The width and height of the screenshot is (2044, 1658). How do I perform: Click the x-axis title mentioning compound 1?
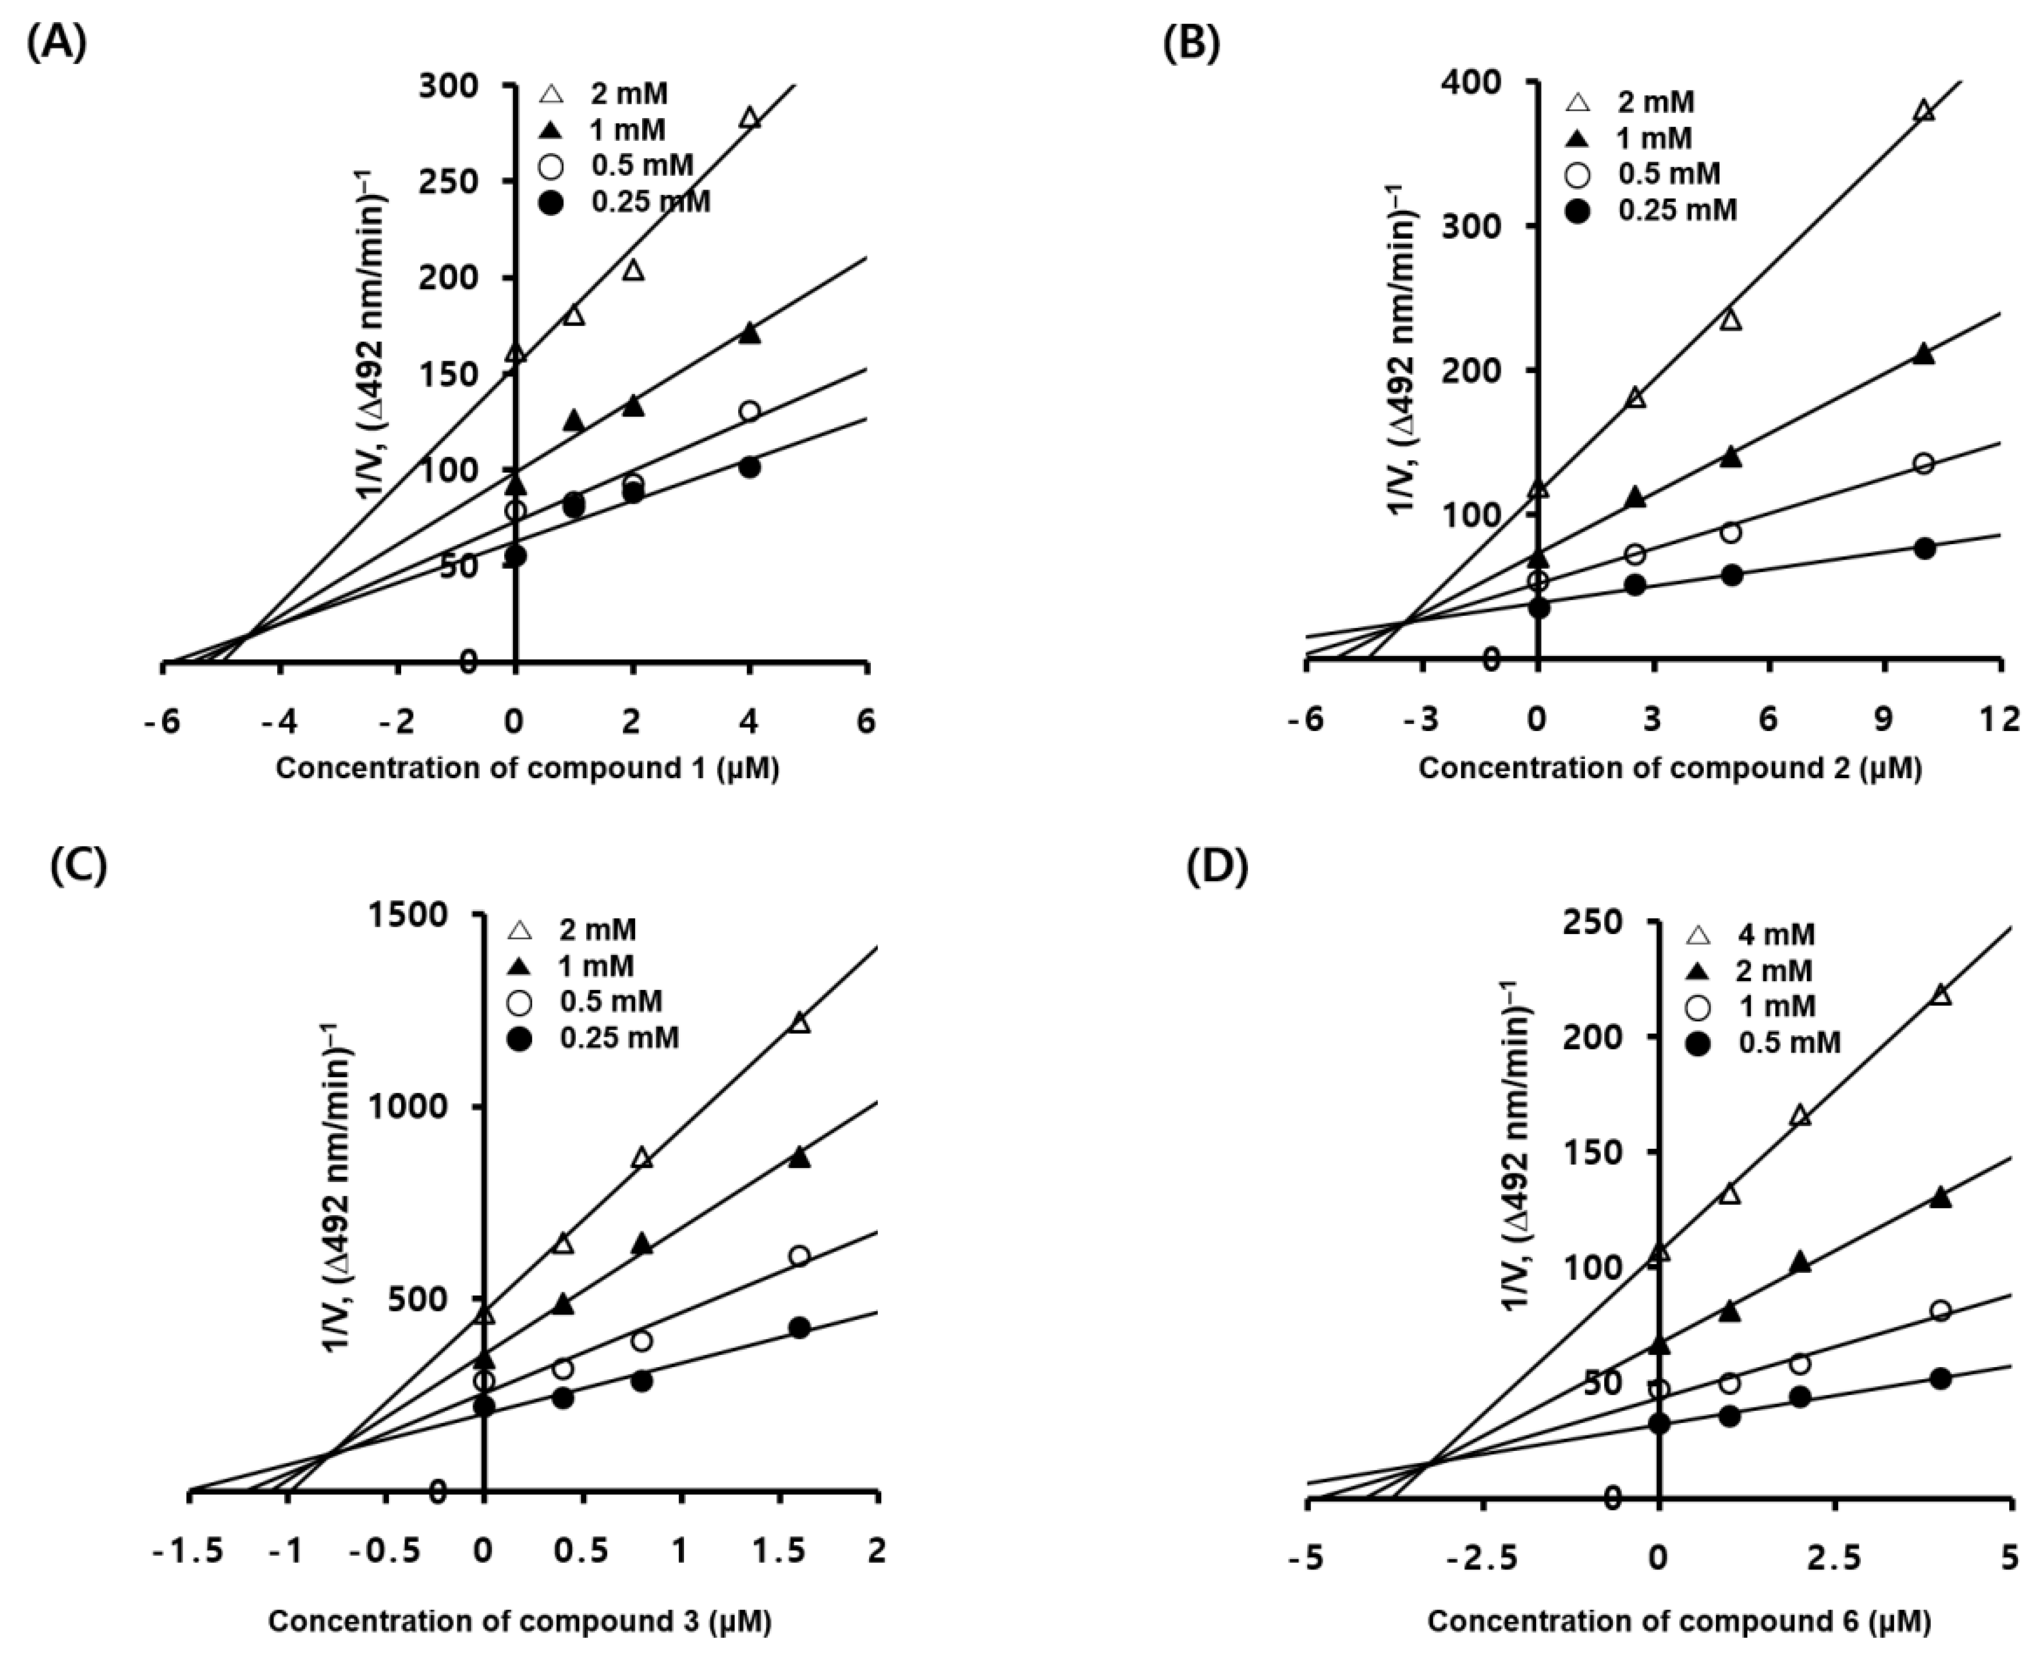pyautogui.click(x=527, y=768)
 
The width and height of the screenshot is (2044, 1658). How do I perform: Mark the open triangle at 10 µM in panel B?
pyautogui.click(x=1923, y=111)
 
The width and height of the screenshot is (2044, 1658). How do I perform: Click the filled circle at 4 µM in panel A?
pyautogui.click(x=750, y=468)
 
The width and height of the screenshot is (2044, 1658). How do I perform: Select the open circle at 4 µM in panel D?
pyautogui.click(x=1940, y=1311)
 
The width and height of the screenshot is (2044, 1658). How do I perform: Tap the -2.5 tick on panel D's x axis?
pyautogui.click(x=1483, y=1559)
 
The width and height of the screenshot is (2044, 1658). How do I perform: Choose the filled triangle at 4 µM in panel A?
pyautogui.click(x=750, y=333)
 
